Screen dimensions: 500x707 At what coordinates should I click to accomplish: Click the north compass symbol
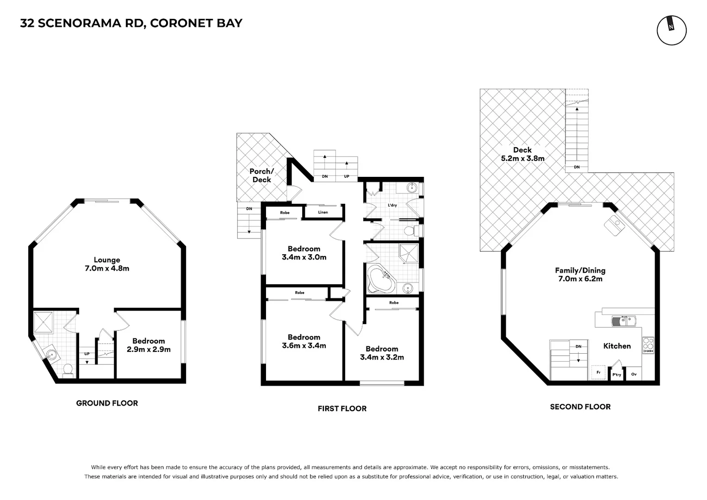671,31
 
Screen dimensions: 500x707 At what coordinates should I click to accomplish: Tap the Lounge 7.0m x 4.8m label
107,264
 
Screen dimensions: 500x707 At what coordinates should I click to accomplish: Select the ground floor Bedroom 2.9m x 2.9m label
149,345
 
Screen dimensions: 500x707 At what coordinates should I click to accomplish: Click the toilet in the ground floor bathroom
68,369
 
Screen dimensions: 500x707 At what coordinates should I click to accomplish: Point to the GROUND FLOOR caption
107,403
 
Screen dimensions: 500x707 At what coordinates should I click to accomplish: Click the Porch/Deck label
261,175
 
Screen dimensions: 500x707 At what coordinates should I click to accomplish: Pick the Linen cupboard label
323,212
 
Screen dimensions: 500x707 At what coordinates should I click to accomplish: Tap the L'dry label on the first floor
392,205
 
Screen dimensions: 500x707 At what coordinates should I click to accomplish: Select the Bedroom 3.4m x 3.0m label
304,253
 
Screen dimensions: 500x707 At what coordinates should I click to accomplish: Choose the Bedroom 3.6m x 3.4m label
304,342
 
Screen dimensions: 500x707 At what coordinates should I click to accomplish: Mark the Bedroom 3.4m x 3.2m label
382,353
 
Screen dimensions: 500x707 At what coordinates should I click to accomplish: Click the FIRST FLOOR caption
342,408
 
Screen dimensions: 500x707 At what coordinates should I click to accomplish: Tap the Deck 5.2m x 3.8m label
522,154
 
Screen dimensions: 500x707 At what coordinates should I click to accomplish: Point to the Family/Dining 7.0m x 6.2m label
580,275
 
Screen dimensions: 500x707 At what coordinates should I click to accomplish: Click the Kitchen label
617,346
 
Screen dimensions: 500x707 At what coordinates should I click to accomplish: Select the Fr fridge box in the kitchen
598,372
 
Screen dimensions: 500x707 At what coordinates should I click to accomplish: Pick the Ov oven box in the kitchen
634,374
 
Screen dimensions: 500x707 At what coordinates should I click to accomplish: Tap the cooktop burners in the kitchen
648,345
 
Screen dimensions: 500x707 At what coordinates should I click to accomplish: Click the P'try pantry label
617,375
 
